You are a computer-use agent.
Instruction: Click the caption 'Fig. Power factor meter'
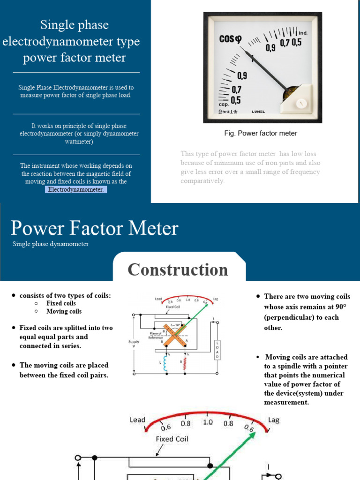pyautogui.click(x=261, y=133)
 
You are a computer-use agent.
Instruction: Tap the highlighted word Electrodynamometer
pyautogui.click(x=76, y=189)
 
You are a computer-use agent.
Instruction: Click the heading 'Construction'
pyautogui.click(x=178, y=270)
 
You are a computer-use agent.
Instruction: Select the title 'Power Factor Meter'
pyautogui.click(x=94, y=229)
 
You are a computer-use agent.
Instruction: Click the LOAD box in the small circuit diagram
pyautogui.click(x=217, y=350)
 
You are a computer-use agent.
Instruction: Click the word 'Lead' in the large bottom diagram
pyautogui.click(x=137, y=420)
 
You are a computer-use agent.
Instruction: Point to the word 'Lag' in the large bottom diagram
pyautogui.click(x=273, y=420)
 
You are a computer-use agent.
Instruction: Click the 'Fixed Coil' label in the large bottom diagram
pyautogui.click(x=172, y=439)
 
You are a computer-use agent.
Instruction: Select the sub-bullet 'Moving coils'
pyautogui.click(x=64, y=311)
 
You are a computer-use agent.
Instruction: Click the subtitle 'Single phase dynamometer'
pyautogui.click(x=51, y=244)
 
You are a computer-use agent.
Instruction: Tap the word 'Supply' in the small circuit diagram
pyautogui.click(x=134, y=342)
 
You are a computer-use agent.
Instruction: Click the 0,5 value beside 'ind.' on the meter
pyautogui.click(x=297, y=43)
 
